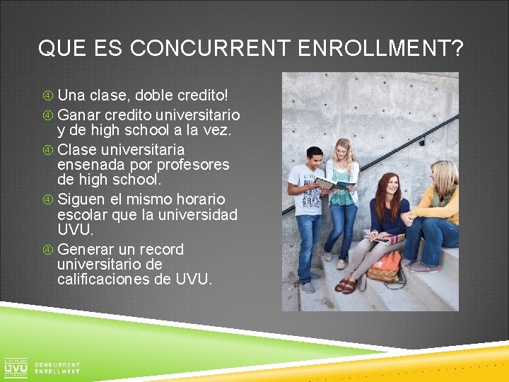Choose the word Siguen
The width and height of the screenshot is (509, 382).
click(x=82, y=199)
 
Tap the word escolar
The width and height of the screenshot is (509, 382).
click(x=83, y=214)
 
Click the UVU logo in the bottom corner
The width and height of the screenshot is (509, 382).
click(x=16, y=368)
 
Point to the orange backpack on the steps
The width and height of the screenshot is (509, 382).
click(x=386, y=267)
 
